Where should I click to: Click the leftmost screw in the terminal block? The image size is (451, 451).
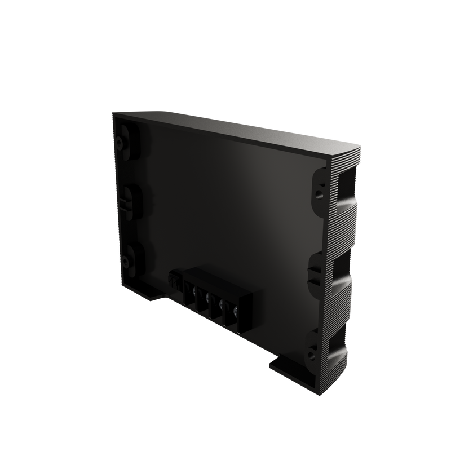tap(194, 291)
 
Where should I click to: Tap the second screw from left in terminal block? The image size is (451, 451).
tap(208, 297)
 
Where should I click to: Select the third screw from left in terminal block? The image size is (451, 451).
tap(222, 305)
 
